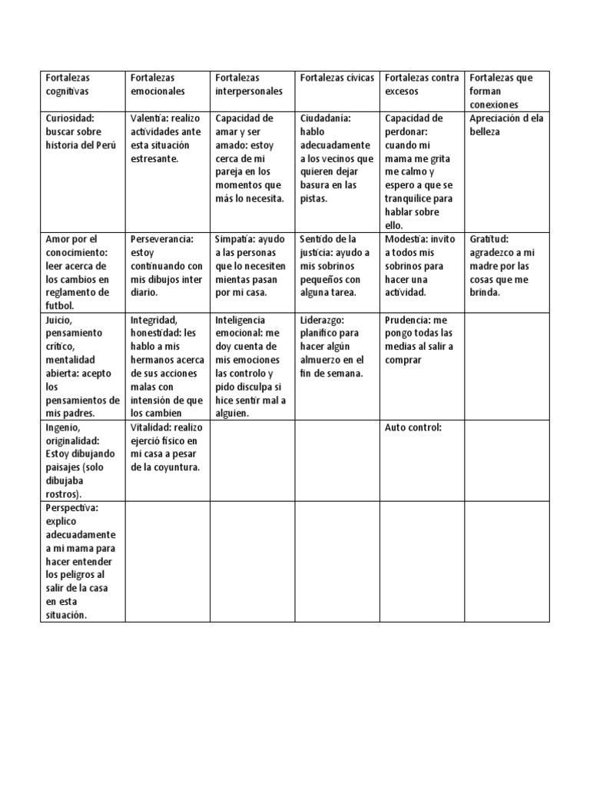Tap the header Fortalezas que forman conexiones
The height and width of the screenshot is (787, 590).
click(x=506, y=91)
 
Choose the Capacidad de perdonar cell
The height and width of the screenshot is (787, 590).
click(x=421, y=171)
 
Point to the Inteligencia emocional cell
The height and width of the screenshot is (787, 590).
click(x=252, y=366)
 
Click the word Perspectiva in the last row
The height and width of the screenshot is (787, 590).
click(x=71, y=508)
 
